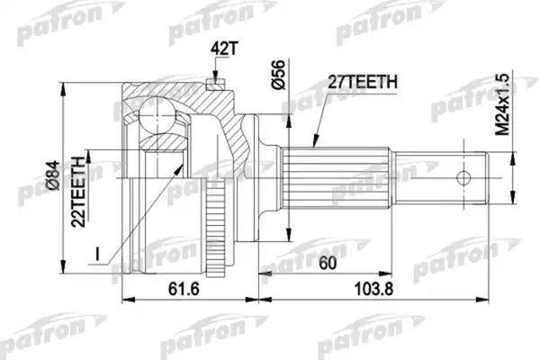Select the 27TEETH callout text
364,84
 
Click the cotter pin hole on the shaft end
464,177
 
